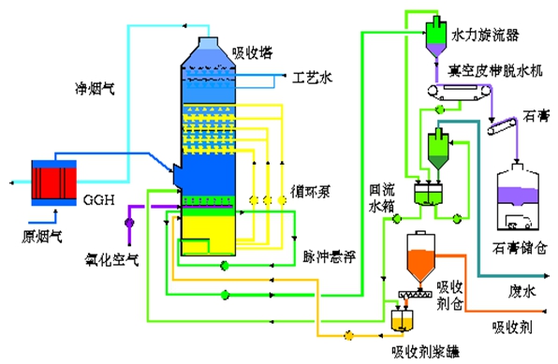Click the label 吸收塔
coord(252,51)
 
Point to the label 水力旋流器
coord(485,35)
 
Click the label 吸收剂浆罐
coord(425,351)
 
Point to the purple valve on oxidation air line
coord(129,222)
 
